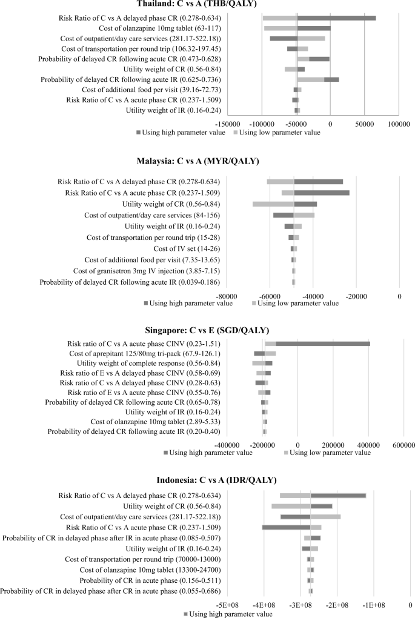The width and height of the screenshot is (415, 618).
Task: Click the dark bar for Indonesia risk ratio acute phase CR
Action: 286,527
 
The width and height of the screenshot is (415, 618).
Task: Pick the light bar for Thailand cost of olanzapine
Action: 280,28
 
